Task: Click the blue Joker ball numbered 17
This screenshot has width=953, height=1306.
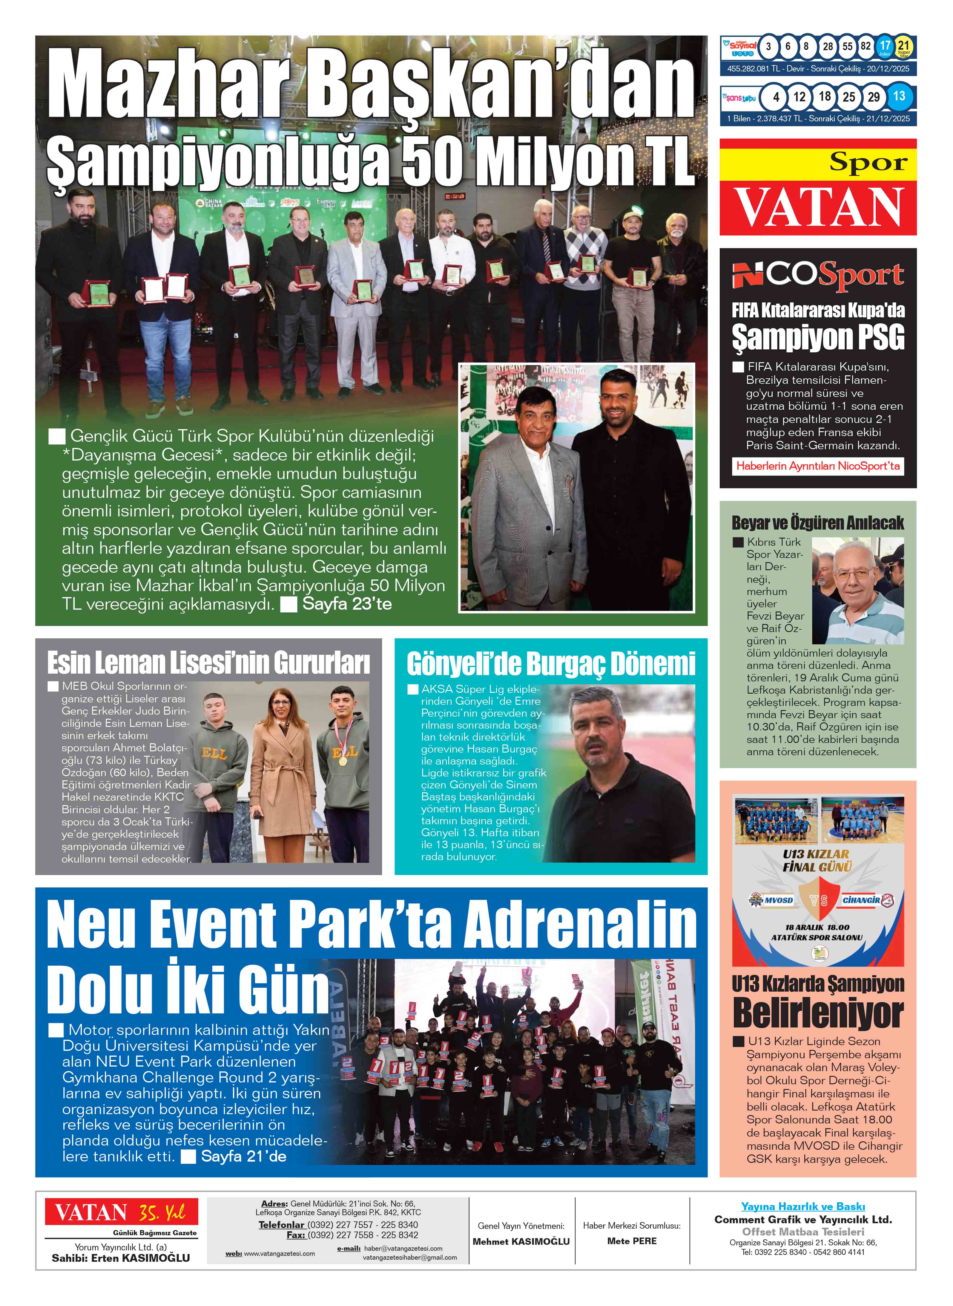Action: coord(884,46)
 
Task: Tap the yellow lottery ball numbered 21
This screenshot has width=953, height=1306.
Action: coord(903,46)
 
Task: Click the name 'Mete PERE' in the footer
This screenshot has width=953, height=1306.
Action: coord(632,1241)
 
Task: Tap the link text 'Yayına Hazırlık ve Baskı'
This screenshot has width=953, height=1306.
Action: coord(802,1207)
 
